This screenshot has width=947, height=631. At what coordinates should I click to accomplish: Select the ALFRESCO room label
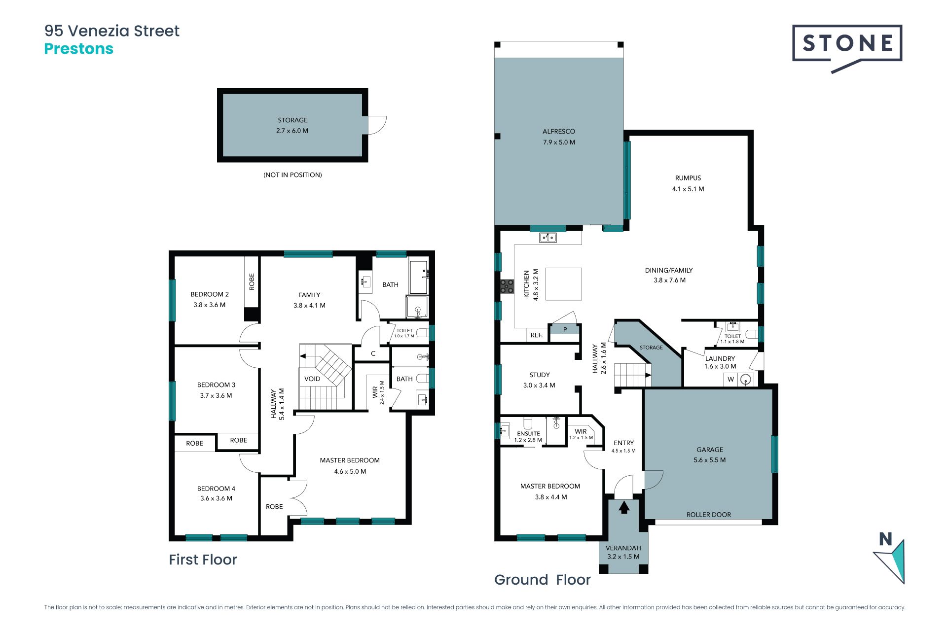pos(559,132)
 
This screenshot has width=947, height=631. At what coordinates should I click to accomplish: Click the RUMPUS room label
pos(688,178)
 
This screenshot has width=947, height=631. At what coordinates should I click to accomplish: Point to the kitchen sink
pos(547,238)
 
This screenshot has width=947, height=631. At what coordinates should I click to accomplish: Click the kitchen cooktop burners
pos(507,286)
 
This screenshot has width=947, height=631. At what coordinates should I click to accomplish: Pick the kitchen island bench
pos(564,284)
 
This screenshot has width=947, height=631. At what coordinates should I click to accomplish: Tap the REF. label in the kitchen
pos(537,335)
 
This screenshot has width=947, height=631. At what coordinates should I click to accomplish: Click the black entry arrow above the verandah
pos(624,507)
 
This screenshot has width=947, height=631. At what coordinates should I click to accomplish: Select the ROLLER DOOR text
pos(709,515)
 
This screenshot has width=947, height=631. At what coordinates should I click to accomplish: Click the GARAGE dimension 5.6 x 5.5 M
pos(710,460)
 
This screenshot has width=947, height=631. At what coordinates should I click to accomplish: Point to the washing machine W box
pos(731,379)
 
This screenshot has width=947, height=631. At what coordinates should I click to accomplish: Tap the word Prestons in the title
pos(79,49)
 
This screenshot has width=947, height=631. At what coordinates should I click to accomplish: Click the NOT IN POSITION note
pos(292,175)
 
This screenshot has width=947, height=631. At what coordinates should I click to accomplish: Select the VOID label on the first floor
pos(312,379)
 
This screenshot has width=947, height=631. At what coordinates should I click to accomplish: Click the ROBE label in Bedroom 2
pos(252,281)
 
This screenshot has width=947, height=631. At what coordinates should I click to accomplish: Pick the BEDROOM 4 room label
pos(216,489)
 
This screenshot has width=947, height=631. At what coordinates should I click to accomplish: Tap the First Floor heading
pos(203,560)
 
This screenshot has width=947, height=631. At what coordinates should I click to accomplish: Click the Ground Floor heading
pos(543,580)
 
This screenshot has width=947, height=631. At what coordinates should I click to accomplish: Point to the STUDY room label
pos(540,375)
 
